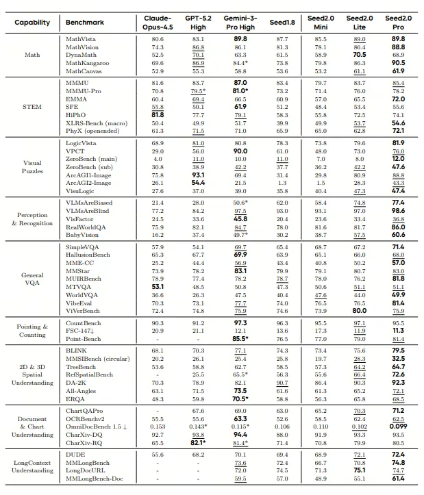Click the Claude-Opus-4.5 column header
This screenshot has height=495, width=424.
(158, 22)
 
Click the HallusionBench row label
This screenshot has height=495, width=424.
(88, 254)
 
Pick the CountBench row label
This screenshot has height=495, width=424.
(83, 322)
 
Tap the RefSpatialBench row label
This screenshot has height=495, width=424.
(90, 375)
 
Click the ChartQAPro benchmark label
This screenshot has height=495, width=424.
(84, 411)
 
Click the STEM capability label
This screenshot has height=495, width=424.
(32, 106)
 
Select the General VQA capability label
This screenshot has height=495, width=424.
(32, 280)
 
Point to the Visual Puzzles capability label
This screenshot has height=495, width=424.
(32, 168)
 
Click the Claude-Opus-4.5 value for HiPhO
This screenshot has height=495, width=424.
(157, 114)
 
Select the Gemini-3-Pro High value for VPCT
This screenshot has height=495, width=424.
(240, 151)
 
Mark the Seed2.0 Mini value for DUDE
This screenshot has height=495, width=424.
(320, 455)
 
